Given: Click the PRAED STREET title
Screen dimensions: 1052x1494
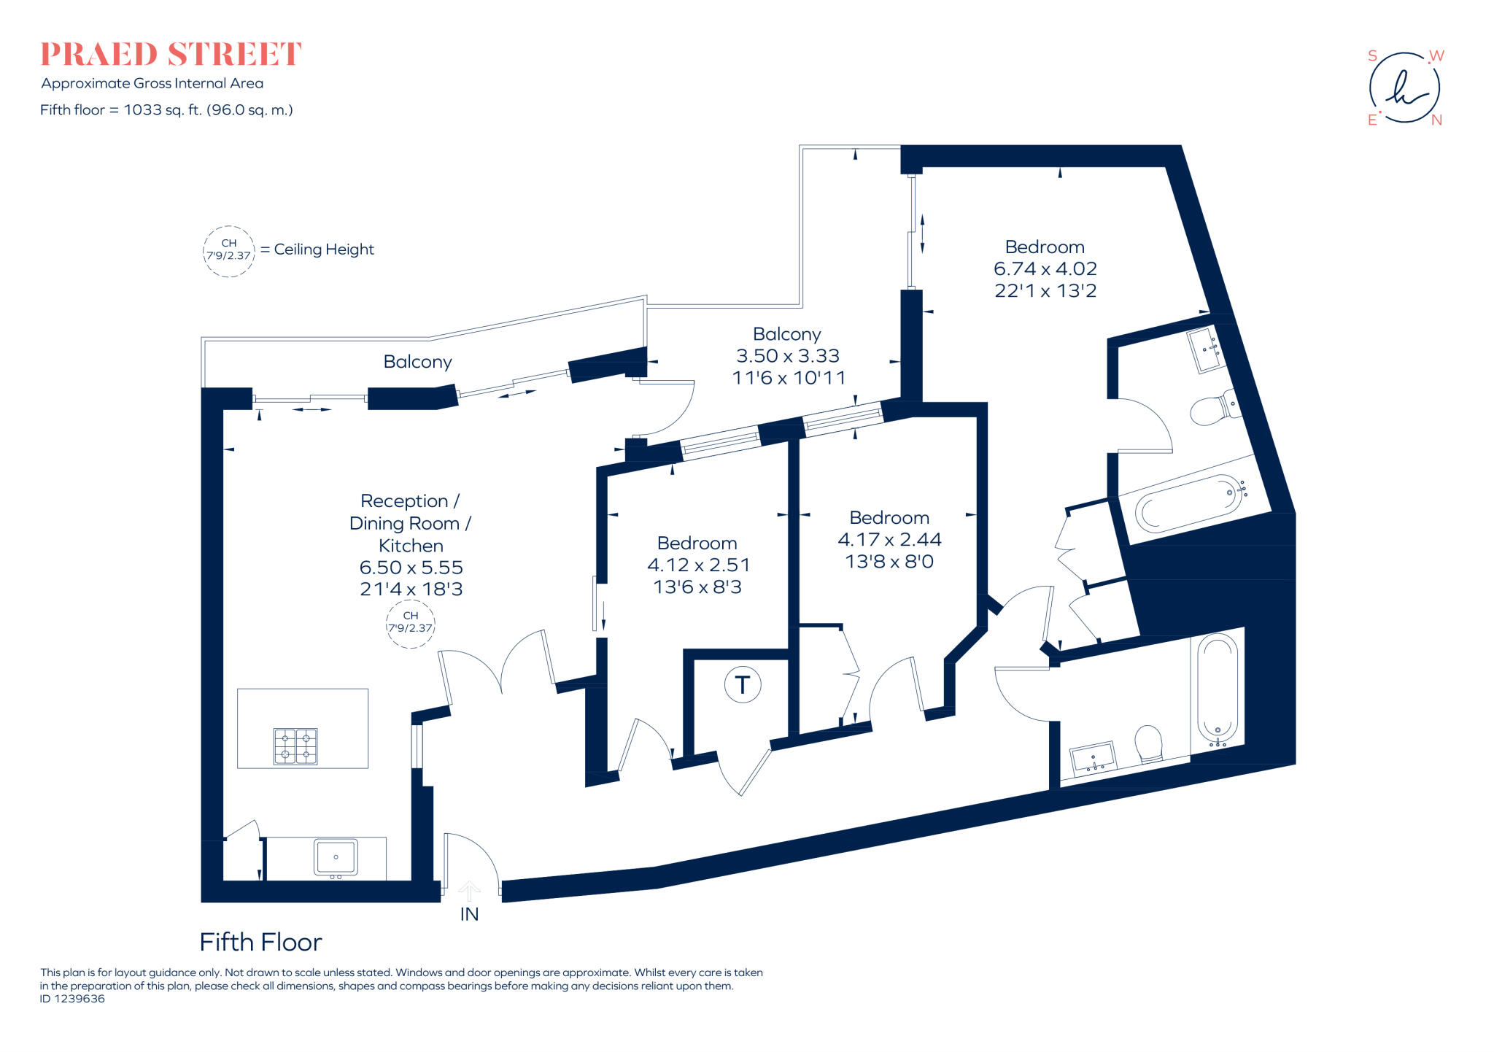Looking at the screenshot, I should pos(170,55).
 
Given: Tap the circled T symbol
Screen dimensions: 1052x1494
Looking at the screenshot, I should pos(743,684).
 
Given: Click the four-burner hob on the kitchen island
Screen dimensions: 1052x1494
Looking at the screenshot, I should pos(295,746).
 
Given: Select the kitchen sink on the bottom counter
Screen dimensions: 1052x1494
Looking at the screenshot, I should pos(336,857).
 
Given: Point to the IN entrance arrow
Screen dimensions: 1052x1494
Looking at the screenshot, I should pos(469,892).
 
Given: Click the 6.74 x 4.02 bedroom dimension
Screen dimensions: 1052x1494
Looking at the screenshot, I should pos(1045,268).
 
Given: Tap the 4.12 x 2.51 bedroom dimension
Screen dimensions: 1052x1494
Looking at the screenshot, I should pos(698,565).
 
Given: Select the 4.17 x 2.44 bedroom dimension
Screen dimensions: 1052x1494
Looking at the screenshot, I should pos(889,539).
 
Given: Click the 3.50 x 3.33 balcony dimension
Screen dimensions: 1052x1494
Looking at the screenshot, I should pos(788,355).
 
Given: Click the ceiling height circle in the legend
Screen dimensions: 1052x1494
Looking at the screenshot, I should pos(229,250).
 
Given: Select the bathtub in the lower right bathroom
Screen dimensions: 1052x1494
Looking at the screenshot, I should pos(1218,687).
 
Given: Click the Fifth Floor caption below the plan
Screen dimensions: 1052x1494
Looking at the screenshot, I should pos(260,942).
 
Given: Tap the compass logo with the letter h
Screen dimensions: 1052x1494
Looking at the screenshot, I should pos(1404,88).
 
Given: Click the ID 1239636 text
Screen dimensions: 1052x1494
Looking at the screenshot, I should pos(72,999).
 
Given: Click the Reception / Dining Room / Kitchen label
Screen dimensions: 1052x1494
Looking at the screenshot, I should pos(410,523).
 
